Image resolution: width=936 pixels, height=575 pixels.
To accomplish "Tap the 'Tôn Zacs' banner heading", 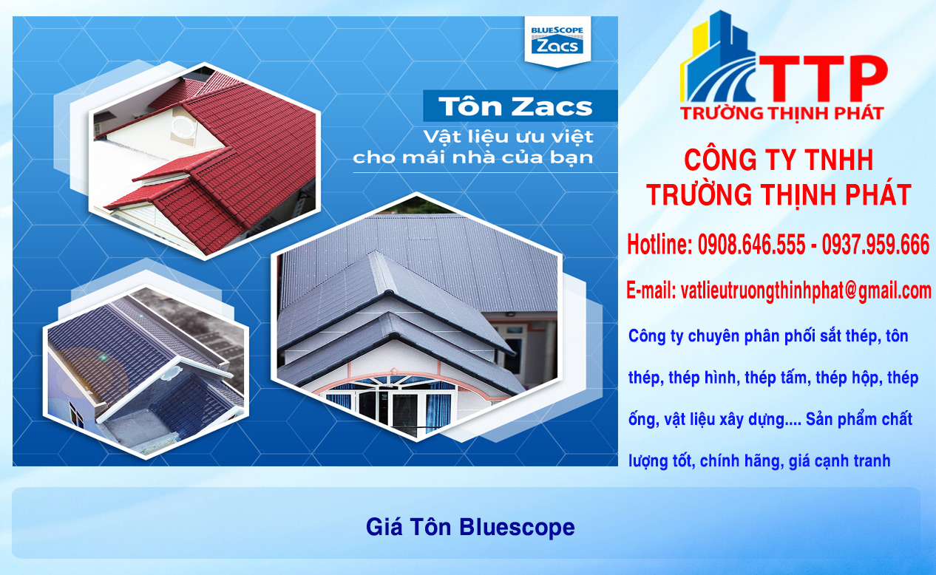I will pyautogui.click(x=516, y=106).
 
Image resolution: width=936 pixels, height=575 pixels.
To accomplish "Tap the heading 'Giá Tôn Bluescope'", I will pyautogui.click(x=470, y=527).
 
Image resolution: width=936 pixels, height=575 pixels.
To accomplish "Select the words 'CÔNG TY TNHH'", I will pyautogui.click(x=779, y=160).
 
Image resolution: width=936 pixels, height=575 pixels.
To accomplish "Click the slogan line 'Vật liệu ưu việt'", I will pyautogui.click(x=508, y=137).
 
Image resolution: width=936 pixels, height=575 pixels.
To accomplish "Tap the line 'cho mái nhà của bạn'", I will pyautogui.click(x=472, y=158).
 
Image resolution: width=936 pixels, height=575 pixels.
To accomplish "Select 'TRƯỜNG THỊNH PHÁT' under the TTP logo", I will pyautogui.click(x=781, y=113).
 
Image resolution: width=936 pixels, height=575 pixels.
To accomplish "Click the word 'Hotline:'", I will pyautogui.click(x=659, y=245).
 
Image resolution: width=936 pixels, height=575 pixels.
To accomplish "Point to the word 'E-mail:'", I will pyautogui.click(x=651, y=290).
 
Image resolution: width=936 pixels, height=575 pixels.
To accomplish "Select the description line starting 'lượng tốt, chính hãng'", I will pyautogui.click(x=759, y=460).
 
